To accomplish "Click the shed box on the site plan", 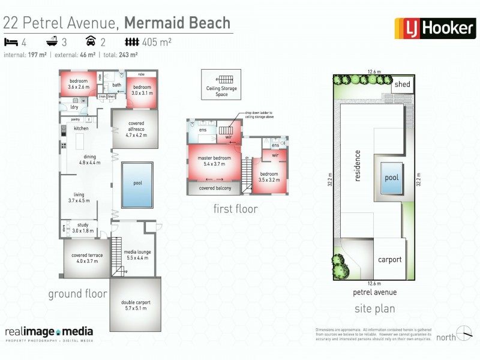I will click(x=402, y=85).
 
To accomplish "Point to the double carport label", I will click(x=136, y=305).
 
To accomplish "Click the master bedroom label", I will click(x=215, y=161).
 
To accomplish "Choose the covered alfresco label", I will click(x=136, y=130).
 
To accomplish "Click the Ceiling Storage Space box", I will click(x=221, y=85).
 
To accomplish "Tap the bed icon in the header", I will click(x=11, y=42).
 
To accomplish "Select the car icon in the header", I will click(x=91, y=42).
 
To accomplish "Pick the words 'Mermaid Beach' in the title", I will click(x=177, y=23).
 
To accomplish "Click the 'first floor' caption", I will click(x=235, y=209).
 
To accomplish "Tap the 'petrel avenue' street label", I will click(x=374, y=292).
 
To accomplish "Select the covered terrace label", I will click(x=87, y=258).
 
